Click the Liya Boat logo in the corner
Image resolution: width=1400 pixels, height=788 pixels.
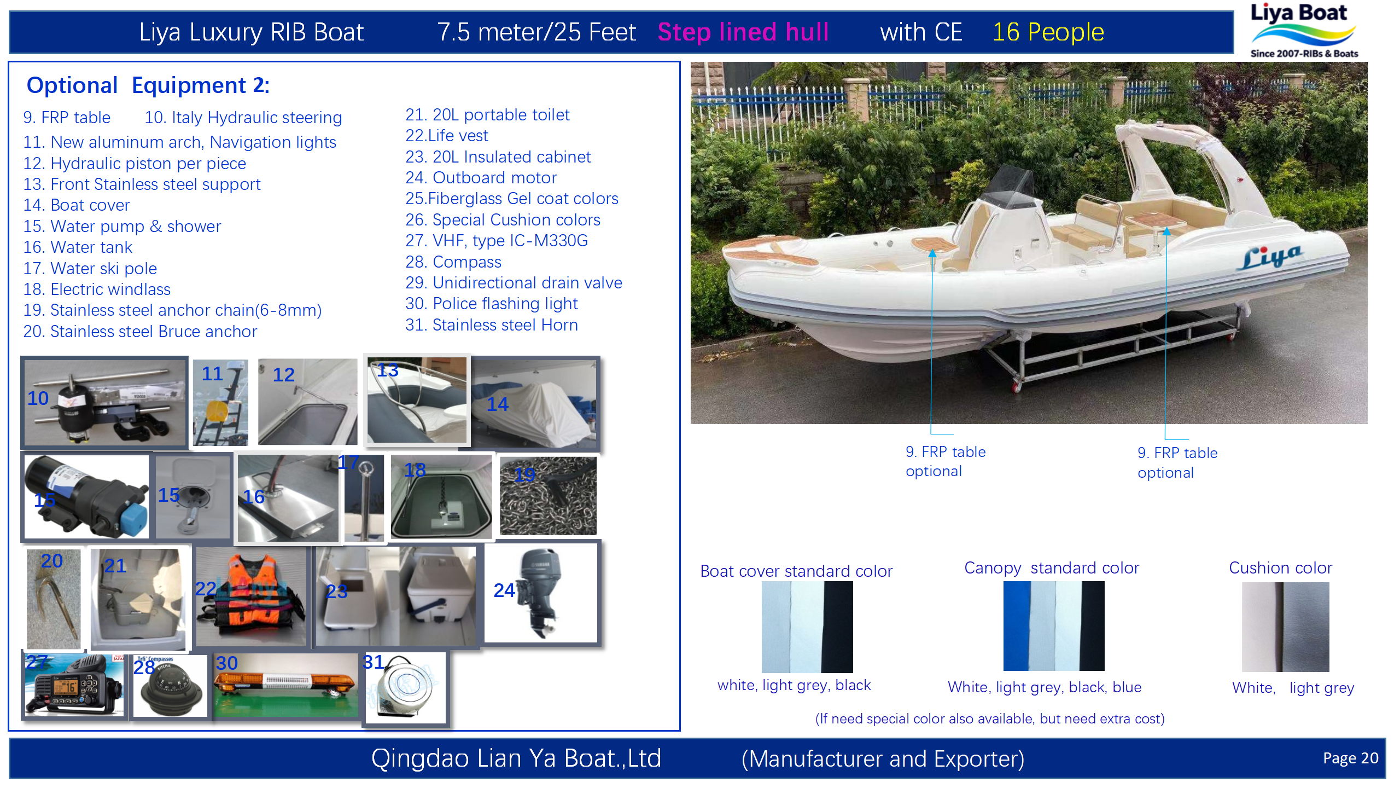coord(1304,31)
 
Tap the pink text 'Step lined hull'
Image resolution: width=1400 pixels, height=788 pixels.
coord(743,32)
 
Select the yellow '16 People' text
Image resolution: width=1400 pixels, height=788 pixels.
coord(1048,32)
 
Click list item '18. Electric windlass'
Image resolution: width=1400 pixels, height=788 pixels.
coord(97,289)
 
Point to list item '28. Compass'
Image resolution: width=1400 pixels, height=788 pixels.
coord(453,262)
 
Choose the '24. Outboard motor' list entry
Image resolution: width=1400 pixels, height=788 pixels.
coord(481,178)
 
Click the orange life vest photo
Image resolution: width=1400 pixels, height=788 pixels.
coord(252,596)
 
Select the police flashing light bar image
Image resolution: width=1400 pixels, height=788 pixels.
coord(285,684)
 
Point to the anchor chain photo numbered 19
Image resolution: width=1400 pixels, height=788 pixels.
coord(549,496)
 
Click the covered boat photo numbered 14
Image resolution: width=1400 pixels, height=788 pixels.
coord(535,403)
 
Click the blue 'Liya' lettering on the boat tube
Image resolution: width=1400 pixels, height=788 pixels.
coord(1269,257)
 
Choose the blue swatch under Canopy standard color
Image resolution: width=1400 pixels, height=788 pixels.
coord(1016,626)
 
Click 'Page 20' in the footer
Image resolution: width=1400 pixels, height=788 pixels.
coord(1350,758)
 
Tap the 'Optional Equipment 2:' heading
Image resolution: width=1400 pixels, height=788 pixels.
coord(148,86)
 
